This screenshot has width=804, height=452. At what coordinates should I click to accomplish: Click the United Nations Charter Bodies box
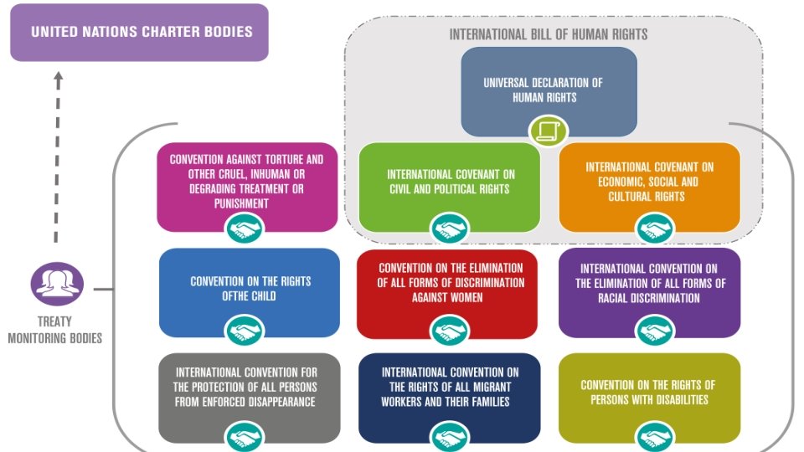[x=139, y=33]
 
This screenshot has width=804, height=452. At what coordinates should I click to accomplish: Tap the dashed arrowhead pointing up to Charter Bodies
[x=58, y=79]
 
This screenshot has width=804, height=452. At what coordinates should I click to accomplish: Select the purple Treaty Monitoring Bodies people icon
[x=57, y=284]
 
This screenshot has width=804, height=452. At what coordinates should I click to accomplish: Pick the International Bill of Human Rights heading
[x=548, y=35]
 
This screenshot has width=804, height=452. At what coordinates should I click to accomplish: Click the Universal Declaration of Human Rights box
[x=549, y=90]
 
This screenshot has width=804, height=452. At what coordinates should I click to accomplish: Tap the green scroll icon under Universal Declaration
[x=549, y=131]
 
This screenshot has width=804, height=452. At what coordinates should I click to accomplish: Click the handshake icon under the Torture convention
[x=245, y=229]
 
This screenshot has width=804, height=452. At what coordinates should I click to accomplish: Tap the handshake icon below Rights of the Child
[x=245, y=331]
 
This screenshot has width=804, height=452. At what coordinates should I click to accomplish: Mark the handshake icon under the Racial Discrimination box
[x=656, y=331]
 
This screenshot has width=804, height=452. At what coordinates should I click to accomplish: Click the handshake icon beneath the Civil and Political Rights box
[x=450, y=229]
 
